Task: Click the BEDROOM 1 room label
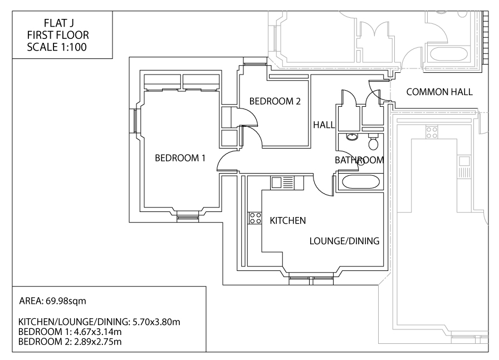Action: (x=180, y=158)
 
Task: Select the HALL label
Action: (x=323, y=125)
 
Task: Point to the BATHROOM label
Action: (x=359, y=160)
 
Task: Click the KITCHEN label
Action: (x=287, y=221)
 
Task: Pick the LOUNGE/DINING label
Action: (x=344, y=241)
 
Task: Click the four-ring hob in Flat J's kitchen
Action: (x=255, y=218)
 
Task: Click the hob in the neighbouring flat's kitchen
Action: (x=432, y=132)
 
